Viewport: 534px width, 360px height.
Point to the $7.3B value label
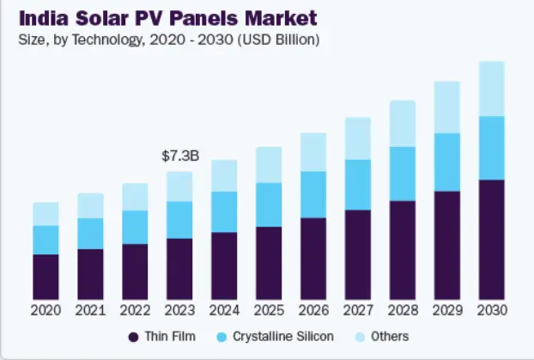click(x=180, y=156)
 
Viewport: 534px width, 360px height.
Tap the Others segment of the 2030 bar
click(x=492, y=88)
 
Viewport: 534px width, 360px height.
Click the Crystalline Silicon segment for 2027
click(x=358, y=185)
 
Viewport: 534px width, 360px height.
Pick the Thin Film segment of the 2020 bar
click(x=46, y=276)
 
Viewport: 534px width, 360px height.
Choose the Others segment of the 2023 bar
click(x=179, y=186)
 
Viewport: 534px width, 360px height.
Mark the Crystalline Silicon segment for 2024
click(x=224, y=211)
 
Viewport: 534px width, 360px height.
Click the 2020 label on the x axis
click(x=46, y=309)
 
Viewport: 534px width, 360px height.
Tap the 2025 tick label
click(x=269, y=309)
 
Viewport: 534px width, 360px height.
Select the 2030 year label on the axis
click(x=492, y=309)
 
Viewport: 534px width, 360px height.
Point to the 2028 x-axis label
click(x=403, y=309)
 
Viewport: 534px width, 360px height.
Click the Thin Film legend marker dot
click(x=133, y=337)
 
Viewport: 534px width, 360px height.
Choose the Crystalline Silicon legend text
click(x=283, y=337)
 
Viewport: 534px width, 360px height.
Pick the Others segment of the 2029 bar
click(x=447, y=107)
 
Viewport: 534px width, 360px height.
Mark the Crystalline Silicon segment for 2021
click(x=90, y=233)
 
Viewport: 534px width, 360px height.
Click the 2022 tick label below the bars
click(x=135, y=309)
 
